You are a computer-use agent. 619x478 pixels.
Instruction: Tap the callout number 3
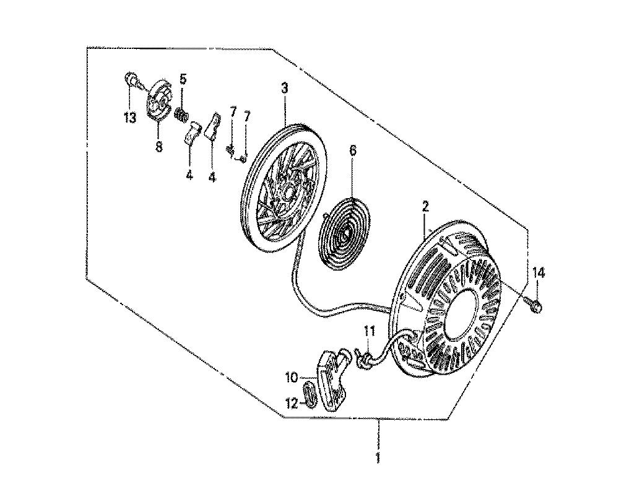click(x=284, y=89)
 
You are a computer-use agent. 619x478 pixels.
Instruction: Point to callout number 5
click(x=183, y=79)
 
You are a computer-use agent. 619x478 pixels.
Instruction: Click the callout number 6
click(x=353, y=150)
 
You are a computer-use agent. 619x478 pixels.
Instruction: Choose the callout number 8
click(x=158, y=147)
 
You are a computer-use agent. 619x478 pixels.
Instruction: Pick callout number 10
click(x=291, y=376)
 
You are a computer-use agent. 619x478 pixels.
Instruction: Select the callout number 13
click(x=129, y=118)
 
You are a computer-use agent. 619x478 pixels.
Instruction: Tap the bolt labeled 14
click(x=536, y=304)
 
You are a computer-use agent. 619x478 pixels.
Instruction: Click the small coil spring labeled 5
click(x=182, y=115)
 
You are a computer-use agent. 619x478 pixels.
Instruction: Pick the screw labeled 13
click(x=132, y=79)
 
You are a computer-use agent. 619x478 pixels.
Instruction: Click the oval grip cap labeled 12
click(x=309, y=396)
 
